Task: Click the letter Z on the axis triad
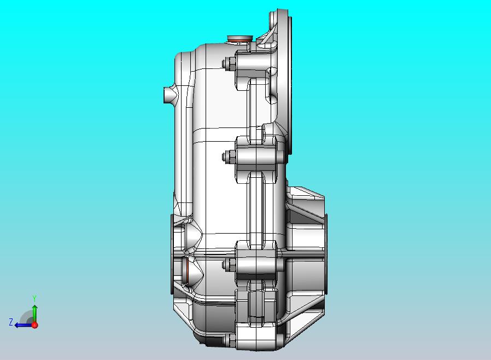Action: click(11, 322)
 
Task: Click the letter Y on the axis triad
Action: click(35, 298)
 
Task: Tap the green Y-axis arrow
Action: click(35, 313)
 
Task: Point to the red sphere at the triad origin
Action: click(35, 325)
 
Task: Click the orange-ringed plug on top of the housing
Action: click(240, 39)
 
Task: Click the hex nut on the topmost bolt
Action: click(229, 64)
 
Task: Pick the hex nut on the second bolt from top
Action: click(229, 156)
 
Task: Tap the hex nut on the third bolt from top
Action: click(229, 265)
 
